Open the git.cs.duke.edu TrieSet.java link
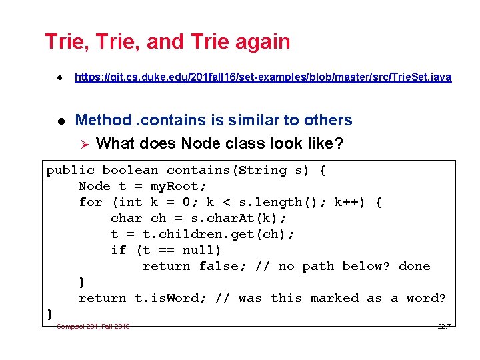point(263,77)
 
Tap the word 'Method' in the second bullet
point(103,121)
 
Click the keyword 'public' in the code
point(70,171)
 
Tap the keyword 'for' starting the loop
point(91,203)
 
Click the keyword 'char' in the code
point(127,219)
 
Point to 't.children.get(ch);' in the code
point(219,235)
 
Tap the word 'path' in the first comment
point(318,267)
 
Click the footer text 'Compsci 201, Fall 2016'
point(93,326)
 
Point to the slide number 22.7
point(444,326)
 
